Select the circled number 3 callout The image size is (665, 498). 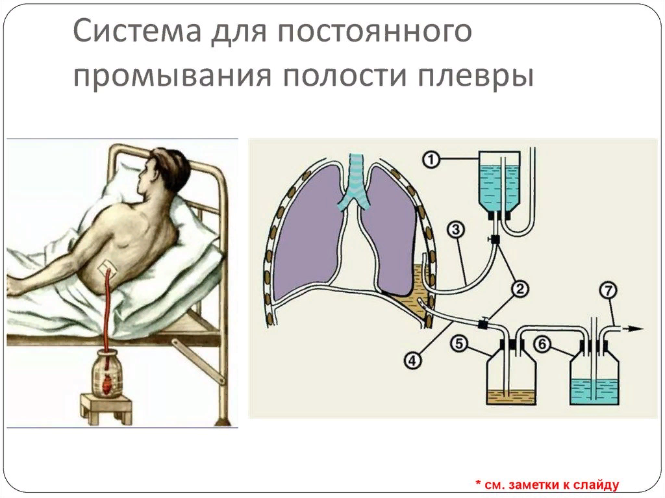pyautogui.click(x=456, y=229)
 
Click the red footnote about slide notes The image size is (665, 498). pyautogui.click(x=547, y=484)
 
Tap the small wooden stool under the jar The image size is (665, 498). pyautogui.click(x=107, y=408)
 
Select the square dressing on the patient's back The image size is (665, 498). pyautogui.click(x=105, y=268)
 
